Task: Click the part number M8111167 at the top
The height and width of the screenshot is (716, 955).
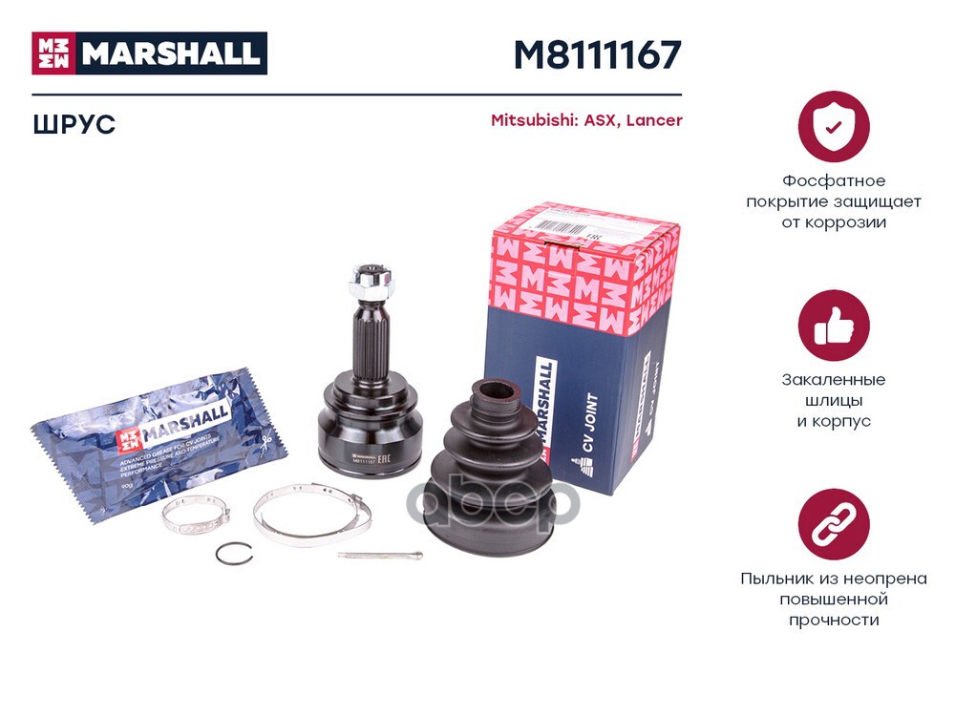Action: [x=597, y=54]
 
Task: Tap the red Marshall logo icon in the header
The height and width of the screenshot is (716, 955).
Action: [x=55, y=53]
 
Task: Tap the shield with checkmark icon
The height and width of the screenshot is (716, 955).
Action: [x=834, y=127]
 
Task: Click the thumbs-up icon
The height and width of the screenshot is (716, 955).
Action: [x=834, y=326]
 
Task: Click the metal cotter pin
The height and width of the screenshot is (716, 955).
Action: [x=379, y=556]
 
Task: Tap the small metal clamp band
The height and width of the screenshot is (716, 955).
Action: [x=195, y=516]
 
